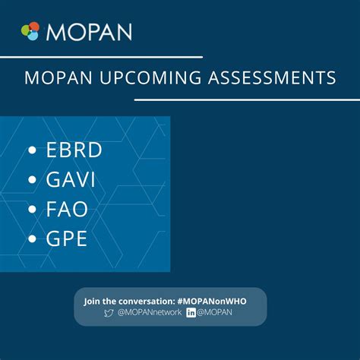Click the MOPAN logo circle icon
[30, 31]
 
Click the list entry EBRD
[74, 150]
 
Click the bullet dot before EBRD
[32, 151]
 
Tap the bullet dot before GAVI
[32, 181]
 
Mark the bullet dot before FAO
[32, 210]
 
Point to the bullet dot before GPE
[32, 241]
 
